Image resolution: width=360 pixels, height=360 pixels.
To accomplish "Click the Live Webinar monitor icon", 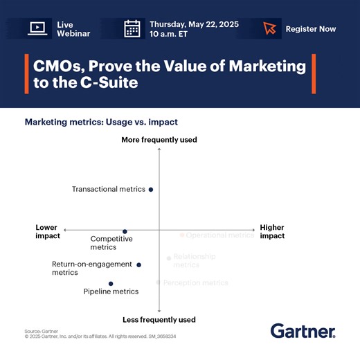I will coord(37,28).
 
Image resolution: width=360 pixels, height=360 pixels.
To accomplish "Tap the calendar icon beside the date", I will coord(132,28).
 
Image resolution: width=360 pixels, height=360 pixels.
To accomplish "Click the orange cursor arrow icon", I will coord(270,28).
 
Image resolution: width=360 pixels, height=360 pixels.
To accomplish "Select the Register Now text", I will coord(312,29).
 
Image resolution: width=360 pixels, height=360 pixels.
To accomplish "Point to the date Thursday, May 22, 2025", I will coord(194,24).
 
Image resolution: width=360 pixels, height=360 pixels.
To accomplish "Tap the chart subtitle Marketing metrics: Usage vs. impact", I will coord(101,122).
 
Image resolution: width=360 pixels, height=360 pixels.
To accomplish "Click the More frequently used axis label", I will coord(159,140).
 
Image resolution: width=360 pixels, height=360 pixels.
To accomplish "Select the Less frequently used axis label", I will coord(159,320).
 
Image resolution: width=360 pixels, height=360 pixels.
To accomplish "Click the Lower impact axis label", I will coord(48,231).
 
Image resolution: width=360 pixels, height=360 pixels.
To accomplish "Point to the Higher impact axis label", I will coord(272,231).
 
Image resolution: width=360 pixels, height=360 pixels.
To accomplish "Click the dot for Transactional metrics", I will coord(151,189).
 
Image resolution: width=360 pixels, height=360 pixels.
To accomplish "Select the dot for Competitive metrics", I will coord(125,232).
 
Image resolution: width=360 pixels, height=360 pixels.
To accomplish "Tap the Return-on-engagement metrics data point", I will coord(138,264).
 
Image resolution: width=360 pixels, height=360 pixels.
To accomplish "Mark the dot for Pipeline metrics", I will coord(111,283).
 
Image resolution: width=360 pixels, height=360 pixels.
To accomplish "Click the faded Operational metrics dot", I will coord(182,235).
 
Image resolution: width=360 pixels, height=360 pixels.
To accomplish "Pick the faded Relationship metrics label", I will coord(194,260).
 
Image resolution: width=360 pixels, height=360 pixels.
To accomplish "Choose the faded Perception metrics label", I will coord(195,282).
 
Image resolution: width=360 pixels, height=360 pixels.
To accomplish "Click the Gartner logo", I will coord(303,331).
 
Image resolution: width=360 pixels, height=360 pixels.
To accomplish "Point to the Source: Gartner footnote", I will coord(41,332).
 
